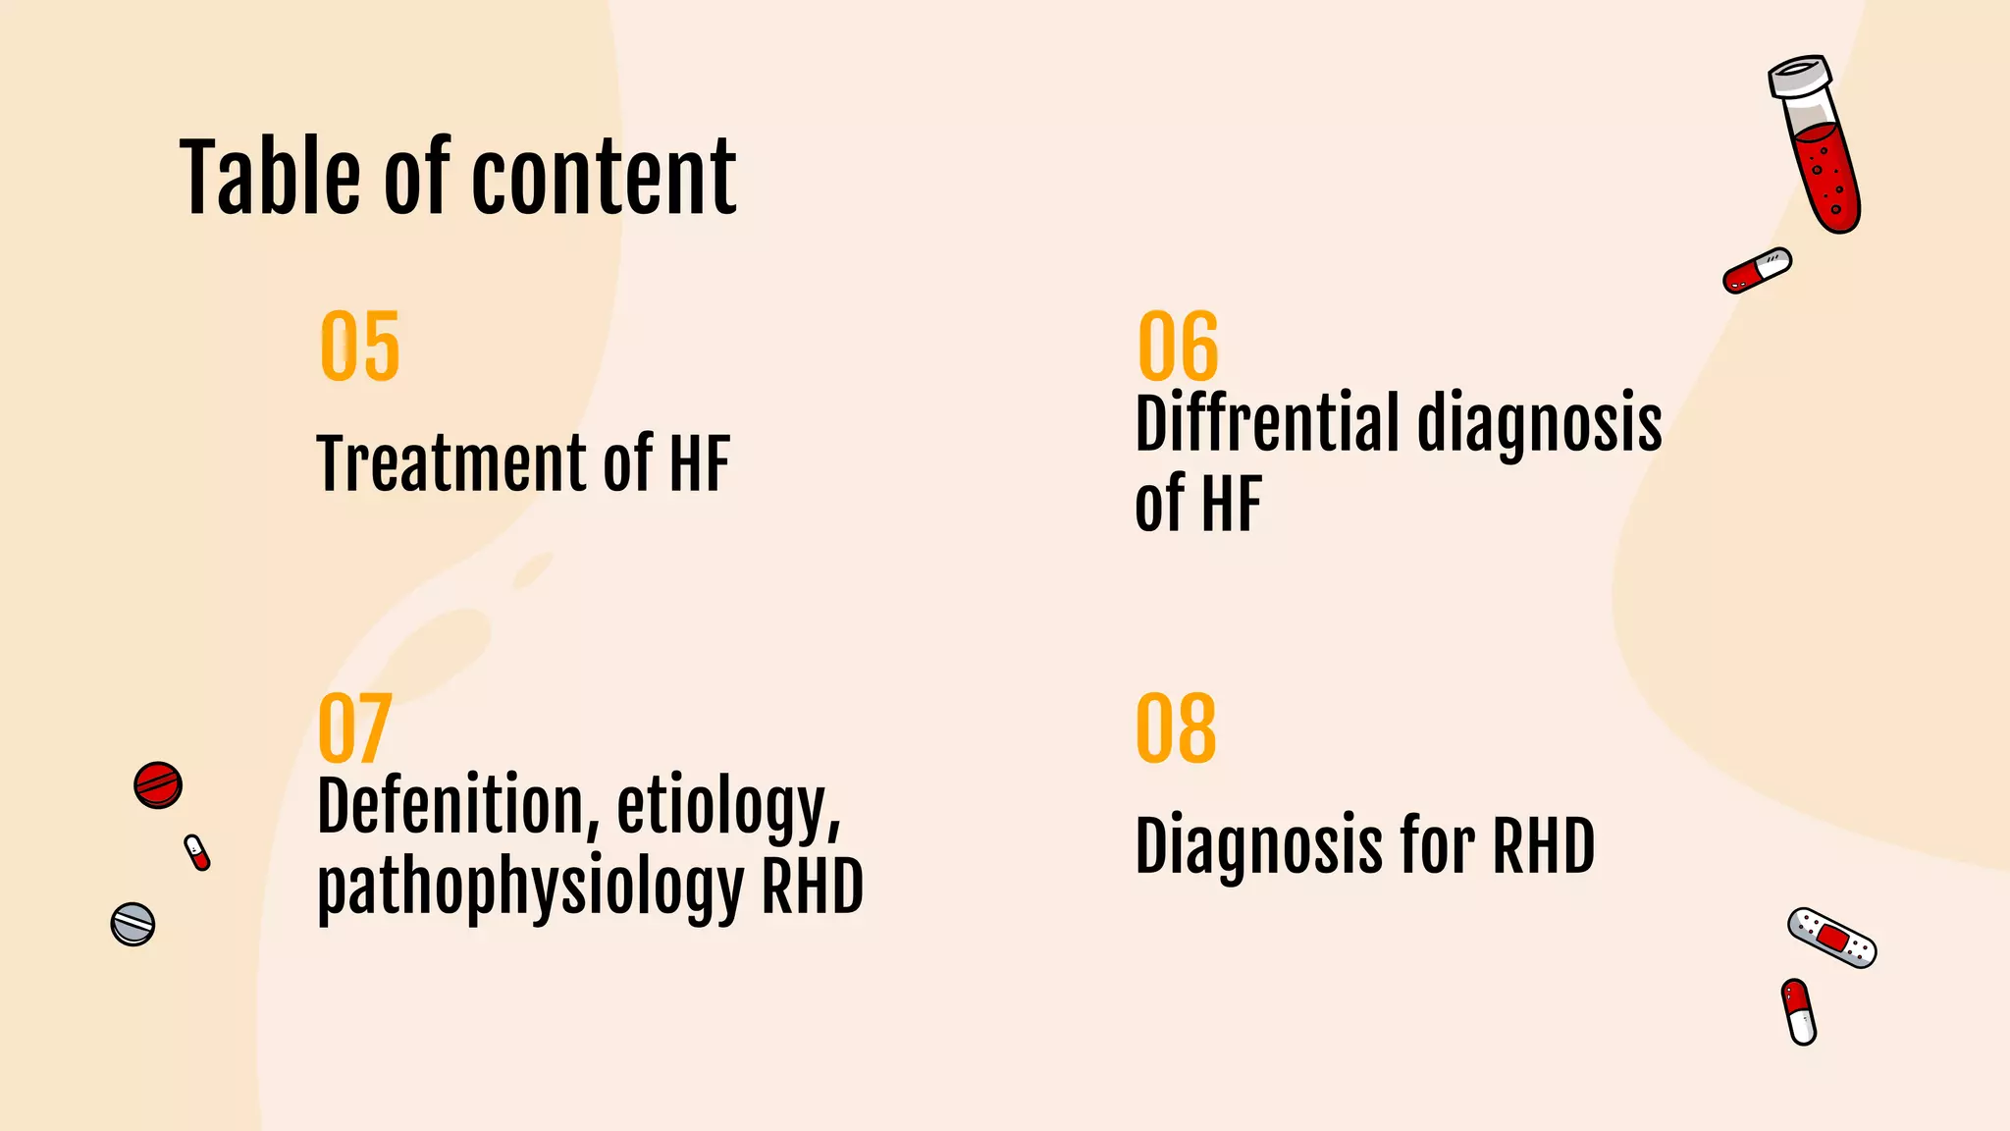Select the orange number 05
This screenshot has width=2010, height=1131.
coord(360,346)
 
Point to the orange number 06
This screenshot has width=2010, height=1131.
coord(1177,346)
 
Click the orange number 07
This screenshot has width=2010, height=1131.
coord(354,727)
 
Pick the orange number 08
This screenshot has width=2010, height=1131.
coord(1176,727)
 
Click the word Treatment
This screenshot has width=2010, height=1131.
coord(450,463)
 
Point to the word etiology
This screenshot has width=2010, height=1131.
coord(728,807)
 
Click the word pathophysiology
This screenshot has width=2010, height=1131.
coord(530,887)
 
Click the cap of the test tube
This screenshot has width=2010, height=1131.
coord(1801,76)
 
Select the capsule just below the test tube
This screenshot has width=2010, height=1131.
coord(1757,270)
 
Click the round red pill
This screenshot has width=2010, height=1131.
coord(158,784)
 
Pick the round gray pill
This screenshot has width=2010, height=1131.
coord(132,924)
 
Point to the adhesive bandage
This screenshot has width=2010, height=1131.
coord(1831,938)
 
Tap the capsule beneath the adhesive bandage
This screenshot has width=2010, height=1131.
coord(1799,1011)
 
